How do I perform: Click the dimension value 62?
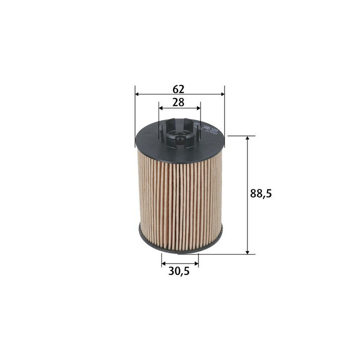point(178,89)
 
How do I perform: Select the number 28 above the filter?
point(178,102)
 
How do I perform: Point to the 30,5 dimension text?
point(180,272)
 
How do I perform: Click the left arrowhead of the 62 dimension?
point(138,94)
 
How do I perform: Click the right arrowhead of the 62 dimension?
point(221,94)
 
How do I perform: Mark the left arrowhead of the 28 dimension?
point(161,107)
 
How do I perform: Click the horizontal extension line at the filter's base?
point(225,254)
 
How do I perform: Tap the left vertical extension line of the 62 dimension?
point(135,115)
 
